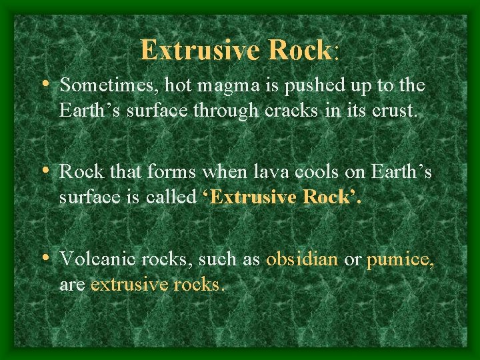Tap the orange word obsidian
pos(302,259)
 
